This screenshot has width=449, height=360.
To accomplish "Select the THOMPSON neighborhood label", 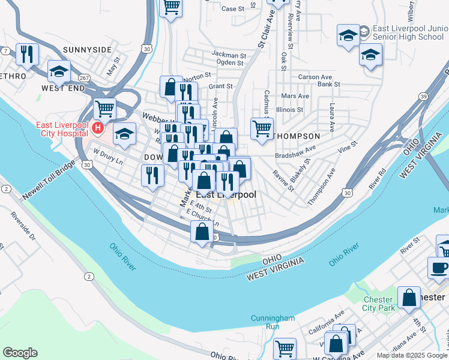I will [x=297, y=136].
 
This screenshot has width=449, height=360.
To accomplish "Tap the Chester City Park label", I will [x=378, y=304].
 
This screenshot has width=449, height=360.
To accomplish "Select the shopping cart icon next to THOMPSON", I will [x=262, y=128].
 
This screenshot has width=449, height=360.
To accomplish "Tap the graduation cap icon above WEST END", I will [x=59, y=71].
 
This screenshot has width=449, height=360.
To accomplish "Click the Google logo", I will [x=20, y=353].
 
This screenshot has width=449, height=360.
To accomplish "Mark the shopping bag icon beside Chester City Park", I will [x=409, y=298].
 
